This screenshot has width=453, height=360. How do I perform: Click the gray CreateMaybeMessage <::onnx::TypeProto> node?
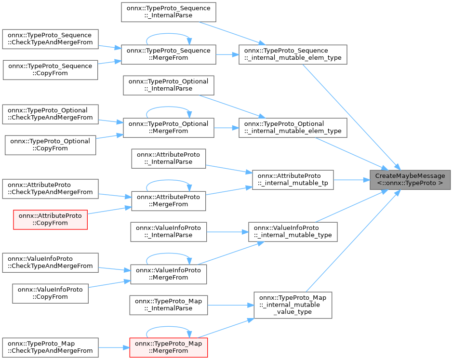point(410,179)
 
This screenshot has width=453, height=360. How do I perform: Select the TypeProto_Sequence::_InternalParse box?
point(168,12)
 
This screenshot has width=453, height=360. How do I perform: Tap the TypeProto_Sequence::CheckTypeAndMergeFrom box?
point(50,39)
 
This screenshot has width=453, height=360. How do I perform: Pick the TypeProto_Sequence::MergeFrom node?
point(168,54)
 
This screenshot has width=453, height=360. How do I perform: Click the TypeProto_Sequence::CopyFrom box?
point(50,69)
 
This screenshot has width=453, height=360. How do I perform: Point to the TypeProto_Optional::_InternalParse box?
point(168,85)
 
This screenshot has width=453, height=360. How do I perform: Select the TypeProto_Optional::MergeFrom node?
point(168,127)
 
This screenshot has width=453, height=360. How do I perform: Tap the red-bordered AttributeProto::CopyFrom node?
point(50,219)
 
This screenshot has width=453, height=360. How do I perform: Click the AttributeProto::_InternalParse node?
point(169,158)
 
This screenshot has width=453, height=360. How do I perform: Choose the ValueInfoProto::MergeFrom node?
point(169,274)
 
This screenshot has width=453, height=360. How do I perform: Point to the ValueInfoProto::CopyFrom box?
point(50,293)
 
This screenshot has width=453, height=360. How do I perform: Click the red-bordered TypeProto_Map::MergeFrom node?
point(169,347)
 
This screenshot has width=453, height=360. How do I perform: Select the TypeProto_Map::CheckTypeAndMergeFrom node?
point(50,347)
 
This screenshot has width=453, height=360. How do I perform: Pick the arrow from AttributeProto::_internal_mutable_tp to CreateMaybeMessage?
point(351,179)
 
